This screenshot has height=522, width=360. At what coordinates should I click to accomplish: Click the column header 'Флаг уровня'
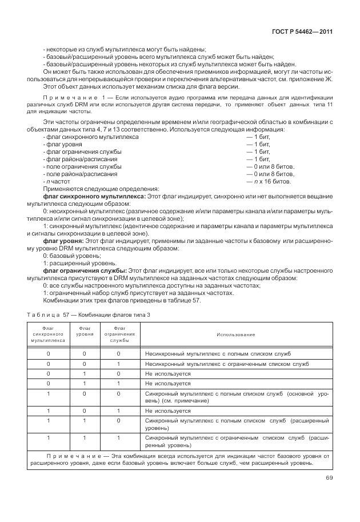(x=85, y=331)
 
